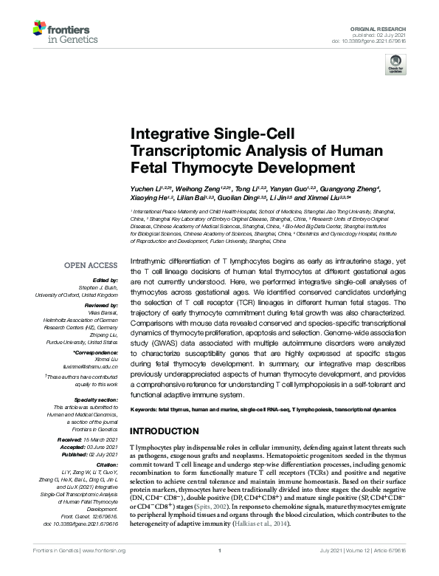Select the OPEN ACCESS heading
91,265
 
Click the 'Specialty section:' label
95,399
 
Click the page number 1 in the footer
220,569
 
